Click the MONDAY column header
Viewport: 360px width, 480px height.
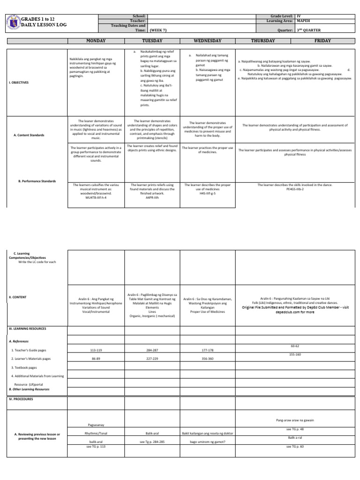[96, 41]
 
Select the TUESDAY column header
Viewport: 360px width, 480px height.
[151, 41]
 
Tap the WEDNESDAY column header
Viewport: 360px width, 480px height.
[207, 41]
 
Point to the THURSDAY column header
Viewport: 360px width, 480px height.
[262, 41]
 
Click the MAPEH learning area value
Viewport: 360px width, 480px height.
[304, 21]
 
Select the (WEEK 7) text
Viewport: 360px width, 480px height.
[159, 30]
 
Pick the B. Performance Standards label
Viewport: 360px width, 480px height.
[37, 181]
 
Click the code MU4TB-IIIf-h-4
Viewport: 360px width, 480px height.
[96, 198]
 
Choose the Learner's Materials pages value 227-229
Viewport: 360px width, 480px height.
[152, 359]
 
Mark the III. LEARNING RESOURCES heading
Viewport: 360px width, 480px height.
[27, 329]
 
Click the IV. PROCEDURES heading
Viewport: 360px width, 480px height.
[21, 399]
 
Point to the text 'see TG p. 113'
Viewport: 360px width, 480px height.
[96, 447]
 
